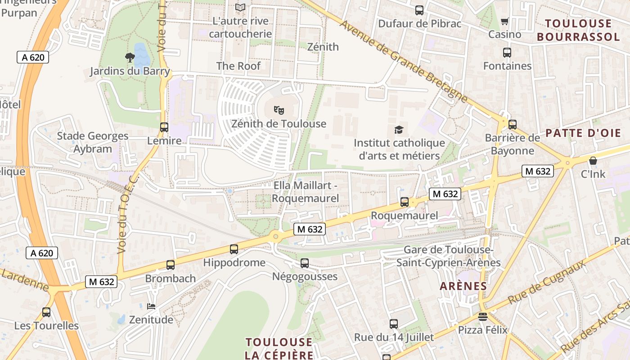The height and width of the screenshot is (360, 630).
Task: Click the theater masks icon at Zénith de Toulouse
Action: tap(279, 109)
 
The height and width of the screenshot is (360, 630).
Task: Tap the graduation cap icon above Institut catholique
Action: tap(399, 130)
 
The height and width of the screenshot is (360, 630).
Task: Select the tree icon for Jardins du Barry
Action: tap(130, 57)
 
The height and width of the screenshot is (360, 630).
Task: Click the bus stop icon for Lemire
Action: tap(164, 127)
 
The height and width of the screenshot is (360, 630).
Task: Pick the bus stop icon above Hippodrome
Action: tap(234, 249)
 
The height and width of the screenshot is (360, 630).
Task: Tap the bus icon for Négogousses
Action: tap(305, 263)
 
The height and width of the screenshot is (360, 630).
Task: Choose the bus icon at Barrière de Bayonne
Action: tap(513, 125)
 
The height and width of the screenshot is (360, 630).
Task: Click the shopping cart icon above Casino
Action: tap(505, 21)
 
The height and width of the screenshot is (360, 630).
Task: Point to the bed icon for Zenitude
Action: tap(151, 306)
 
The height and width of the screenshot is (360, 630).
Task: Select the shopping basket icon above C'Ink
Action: tap(593, 161)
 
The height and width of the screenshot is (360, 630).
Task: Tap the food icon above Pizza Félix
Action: tap(483, 316)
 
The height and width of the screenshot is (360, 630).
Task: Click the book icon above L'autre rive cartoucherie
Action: tap(241, 7)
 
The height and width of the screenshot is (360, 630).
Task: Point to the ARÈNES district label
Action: tap(463, 286)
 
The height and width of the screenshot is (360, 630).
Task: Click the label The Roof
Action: tap(238, 66)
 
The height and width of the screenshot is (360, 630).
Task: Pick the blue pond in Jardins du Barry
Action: tap(141, 54)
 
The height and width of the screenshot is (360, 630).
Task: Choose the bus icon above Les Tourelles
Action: tap(46, 312)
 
